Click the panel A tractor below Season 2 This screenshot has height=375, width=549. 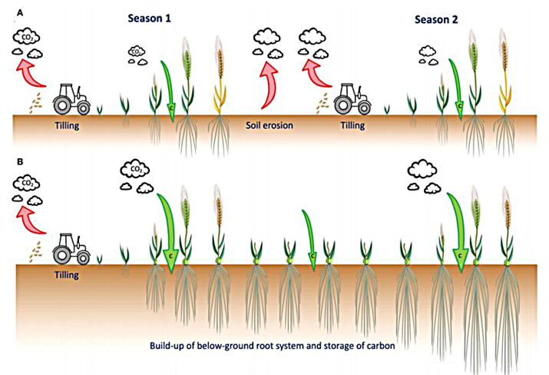pos(352,98)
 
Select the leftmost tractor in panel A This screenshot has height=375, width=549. pos(71,98)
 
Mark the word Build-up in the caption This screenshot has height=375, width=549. pos(170,346)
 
